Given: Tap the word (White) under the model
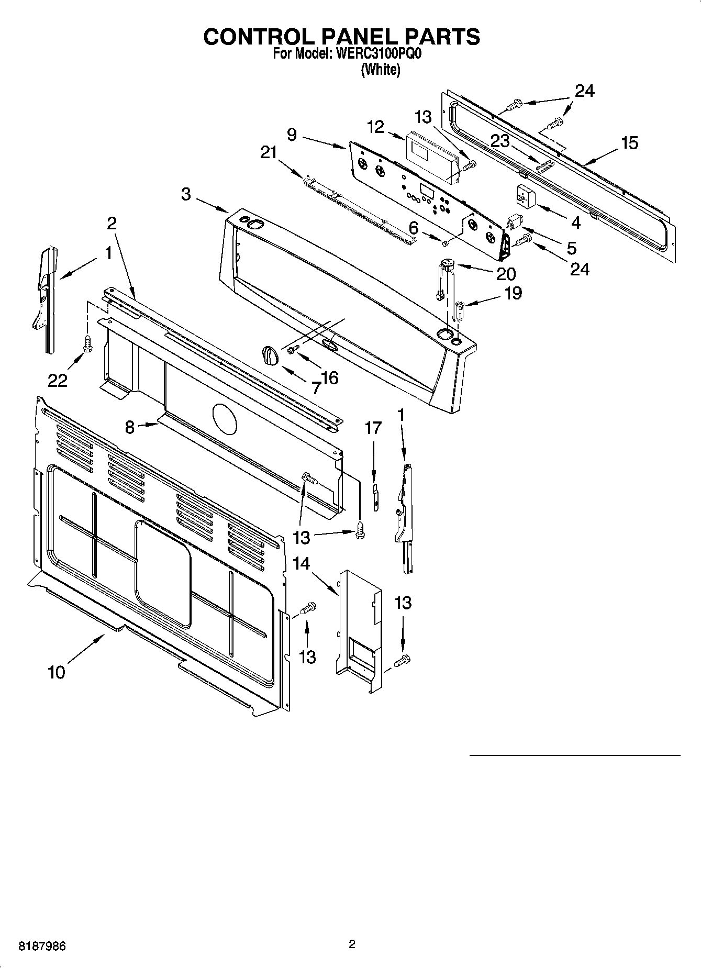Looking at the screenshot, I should click(x=381, y=70).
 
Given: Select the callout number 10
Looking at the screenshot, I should click(x=57, y=672).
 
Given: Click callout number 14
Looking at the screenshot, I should click(x=301, y=564).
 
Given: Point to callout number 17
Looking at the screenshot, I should click(x=373, y=428).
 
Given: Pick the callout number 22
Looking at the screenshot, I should click(x=58, y=381).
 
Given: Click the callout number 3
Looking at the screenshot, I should click(x=186, y=194).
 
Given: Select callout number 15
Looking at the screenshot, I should click(x=630, y=142).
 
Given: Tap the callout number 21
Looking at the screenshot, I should click(x=269, y=152).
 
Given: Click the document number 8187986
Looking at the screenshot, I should click(x=42, y=946).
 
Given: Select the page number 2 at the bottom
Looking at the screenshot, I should click(x=352, y=943).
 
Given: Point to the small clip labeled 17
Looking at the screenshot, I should click(x=375, y=497).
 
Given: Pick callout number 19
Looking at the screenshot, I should click(x=514, y=293).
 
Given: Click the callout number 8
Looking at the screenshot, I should click(x=130, y=427).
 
